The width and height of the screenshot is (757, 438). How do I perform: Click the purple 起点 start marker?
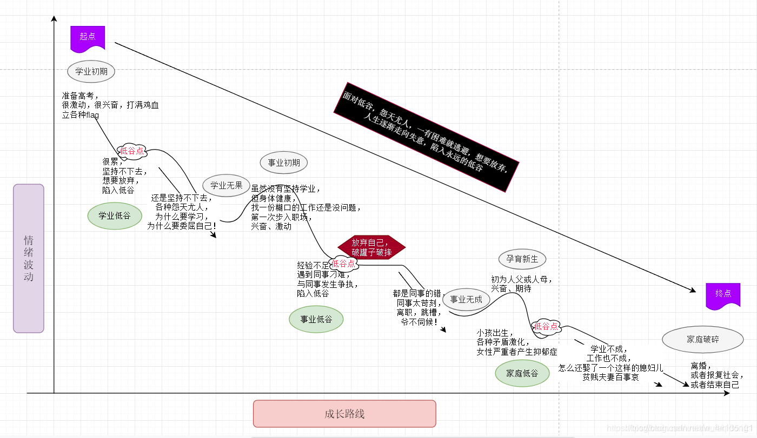tap(88, 37)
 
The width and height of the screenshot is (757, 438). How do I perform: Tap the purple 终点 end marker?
tap(723, 294)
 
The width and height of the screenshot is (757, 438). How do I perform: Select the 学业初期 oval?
tap(91, 71)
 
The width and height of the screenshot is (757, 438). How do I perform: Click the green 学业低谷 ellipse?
tap(115, 215)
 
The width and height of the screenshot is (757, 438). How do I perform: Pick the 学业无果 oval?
tap(227, 185)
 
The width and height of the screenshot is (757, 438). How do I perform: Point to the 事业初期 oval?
tap(284, 163)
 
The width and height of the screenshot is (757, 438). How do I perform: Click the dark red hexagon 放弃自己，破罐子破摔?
tap(371, 247)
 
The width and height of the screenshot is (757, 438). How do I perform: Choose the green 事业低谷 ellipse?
tap(316, 319)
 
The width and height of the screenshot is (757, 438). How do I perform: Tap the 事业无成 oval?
tap(466, 299)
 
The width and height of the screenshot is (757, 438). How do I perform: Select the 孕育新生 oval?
tap(522, 259)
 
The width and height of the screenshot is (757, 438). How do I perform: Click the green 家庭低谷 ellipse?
tap(522, 373)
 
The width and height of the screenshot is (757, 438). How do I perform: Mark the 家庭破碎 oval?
tap(703, 340)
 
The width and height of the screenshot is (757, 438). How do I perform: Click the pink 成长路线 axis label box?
tap(344, 414)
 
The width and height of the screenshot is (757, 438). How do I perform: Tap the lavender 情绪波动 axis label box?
tap(29, 258)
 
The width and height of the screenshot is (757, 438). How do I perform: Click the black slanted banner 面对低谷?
tap(426, 138)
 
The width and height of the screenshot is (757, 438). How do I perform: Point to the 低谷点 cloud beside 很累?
tap(132, 151)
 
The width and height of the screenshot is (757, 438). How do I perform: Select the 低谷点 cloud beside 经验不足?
tap(344, 264)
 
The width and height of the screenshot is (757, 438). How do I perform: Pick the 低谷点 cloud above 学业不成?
tap(546, 326)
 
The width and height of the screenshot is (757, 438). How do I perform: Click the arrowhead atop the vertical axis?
tap(54, 19)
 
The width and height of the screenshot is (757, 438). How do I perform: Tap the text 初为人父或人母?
tap(521, 279)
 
